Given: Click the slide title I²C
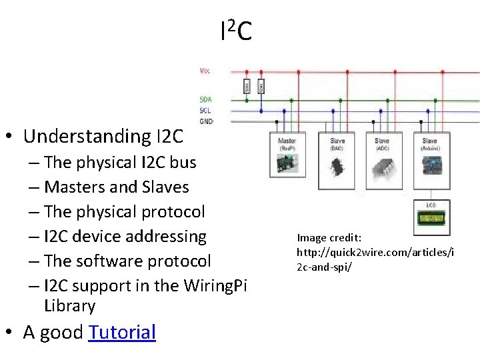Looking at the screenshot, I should pos(235,30).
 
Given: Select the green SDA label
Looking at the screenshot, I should pos(205,99).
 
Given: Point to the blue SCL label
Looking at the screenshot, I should pos(205,110).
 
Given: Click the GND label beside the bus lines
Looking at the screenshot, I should pos(206,121).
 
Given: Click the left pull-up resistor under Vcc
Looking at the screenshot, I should pos(247,86).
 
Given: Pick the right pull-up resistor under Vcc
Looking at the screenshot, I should pos(261,86).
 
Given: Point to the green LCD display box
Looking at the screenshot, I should pos(431,217).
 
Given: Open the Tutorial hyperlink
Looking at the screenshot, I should pos(122,332).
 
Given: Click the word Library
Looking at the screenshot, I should pos(69,306).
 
